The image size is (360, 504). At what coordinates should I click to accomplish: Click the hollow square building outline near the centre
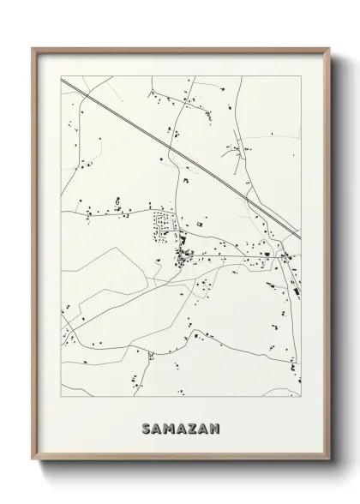[x=201, y=225]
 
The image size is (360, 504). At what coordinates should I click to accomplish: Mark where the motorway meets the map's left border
[x=62, y=79]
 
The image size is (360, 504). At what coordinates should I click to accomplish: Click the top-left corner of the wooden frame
[x=33, y=48]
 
